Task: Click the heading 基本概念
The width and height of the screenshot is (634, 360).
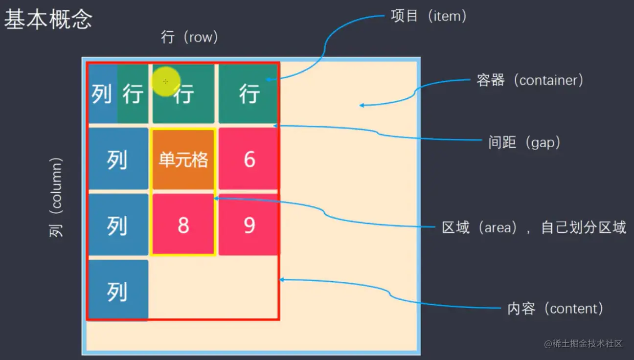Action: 48,20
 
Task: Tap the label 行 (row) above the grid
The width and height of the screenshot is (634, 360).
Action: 189,38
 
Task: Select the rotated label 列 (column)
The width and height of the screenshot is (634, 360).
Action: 57,197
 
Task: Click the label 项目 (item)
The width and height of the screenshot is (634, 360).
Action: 429,16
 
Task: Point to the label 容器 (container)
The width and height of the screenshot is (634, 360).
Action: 530,80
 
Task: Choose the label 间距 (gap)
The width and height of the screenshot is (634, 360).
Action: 524,143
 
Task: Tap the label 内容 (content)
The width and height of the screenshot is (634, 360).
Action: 555,309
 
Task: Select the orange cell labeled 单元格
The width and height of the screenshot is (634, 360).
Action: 183,159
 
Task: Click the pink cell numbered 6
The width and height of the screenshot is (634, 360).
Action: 249,159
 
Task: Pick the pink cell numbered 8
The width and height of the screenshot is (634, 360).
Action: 183,225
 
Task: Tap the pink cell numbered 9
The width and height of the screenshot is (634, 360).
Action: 249,225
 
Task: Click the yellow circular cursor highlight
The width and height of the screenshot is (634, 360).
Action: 166,81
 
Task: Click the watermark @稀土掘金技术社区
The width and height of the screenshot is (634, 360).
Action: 583,343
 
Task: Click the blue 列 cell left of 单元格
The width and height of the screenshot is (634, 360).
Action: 118,159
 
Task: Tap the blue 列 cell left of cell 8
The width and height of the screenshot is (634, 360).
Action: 118,225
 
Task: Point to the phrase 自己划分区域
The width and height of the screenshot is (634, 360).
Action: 584,228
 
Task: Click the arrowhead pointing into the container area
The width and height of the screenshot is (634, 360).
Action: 362,105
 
